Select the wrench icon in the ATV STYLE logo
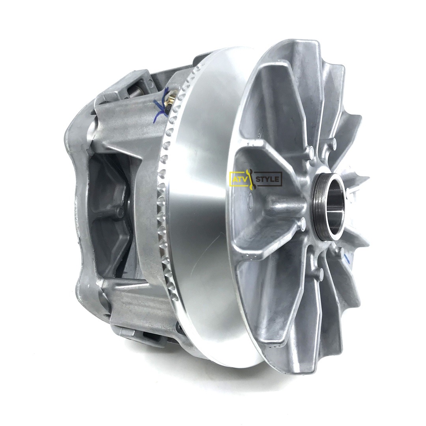coord(251,179)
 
